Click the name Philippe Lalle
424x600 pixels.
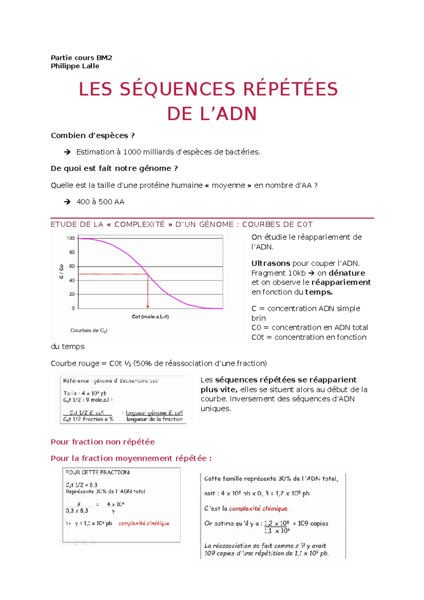pos(75,66)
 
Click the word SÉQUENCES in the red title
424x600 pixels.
pos(177,89)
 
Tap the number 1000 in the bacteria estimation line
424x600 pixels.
pos(132,152)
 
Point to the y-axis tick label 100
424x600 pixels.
pos(71,238)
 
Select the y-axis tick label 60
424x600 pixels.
pos(72,266)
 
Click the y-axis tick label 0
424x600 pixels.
pos(73,308)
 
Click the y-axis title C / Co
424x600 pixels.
pos(61,271)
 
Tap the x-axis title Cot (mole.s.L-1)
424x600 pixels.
pos(150,317)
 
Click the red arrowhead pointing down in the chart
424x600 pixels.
pos(148,306)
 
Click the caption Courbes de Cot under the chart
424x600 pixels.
pos(89,330)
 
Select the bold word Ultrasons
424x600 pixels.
pos(271,263)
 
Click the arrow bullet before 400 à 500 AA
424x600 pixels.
pos(67,202)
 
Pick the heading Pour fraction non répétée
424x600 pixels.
pos(102,442)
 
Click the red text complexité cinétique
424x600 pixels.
pos(144,523)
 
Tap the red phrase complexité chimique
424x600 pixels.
pos(259,508)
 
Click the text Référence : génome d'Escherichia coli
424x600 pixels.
pos(111,381)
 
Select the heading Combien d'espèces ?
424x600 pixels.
pos(93,136)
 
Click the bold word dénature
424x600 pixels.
pos(347,273)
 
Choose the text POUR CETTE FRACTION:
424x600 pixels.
pos(98,472)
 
